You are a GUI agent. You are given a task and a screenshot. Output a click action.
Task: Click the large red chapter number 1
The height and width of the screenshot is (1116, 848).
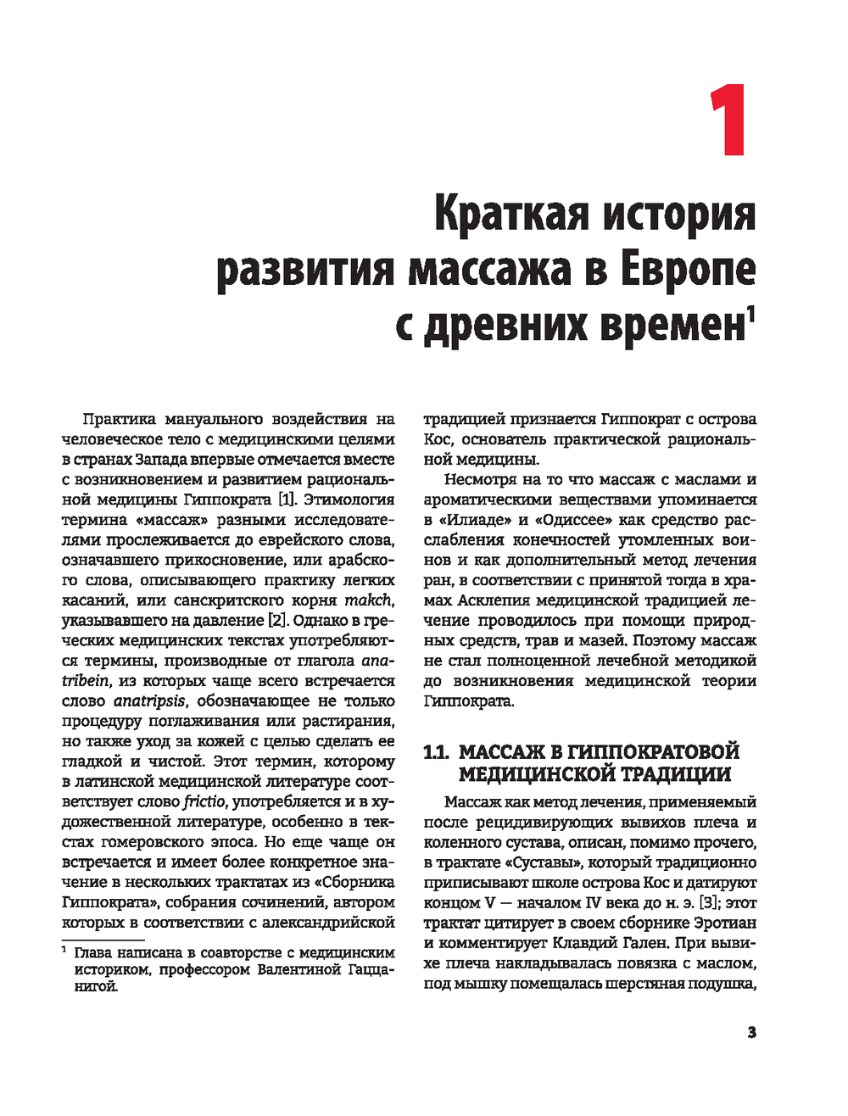tap(727, 120)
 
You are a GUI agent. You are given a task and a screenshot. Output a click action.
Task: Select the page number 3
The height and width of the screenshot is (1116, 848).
tap(751, 1032)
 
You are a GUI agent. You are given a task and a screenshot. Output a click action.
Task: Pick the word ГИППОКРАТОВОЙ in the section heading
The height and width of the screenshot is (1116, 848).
tap(652, 751)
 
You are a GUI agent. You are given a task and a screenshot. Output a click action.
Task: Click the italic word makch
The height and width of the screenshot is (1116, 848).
tap(368, 600)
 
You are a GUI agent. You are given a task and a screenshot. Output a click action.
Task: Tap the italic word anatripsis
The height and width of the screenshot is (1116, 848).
tap(148, 701)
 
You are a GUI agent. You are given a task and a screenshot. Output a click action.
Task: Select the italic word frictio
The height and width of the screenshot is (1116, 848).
tap(204, 801)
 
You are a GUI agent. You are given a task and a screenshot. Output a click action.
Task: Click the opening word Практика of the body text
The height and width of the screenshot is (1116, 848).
tap(120, 419)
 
